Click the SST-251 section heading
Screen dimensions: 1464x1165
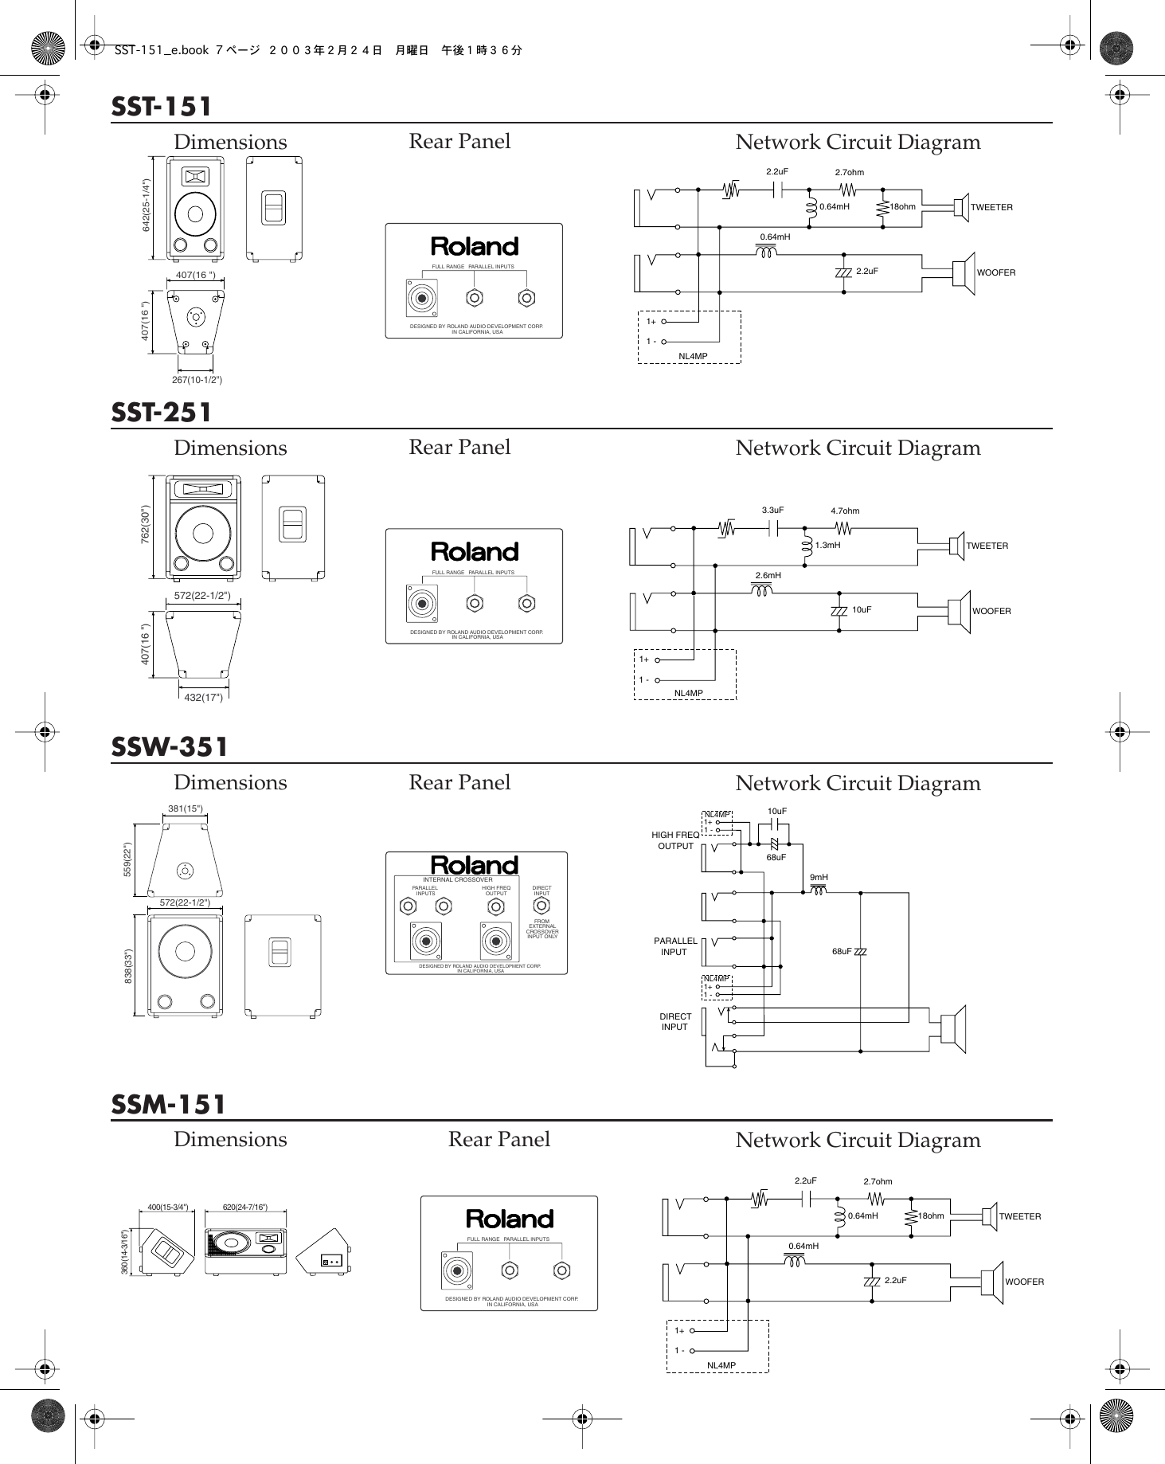162,413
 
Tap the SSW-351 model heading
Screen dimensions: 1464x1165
170,747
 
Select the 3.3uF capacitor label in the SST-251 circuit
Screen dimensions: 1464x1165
772,510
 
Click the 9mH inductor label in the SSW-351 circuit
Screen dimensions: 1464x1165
819,877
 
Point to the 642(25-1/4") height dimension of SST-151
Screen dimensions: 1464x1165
147,206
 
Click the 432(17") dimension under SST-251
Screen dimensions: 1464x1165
198,698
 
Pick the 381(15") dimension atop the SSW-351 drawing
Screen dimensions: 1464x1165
186,808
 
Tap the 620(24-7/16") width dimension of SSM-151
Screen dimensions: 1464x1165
245,1207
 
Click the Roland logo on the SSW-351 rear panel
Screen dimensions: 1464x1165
475,865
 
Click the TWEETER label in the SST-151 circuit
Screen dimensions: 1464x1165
991,207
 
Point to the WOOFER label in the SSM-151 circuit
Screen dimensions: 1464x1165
1024,1282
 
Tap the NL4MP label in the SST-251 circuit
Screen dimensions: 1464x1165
689,693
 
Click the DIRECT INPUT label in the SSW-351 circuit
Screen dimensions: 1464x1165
674,1021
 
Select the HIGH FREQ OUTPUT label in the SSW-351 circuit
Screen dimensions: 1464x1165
675,840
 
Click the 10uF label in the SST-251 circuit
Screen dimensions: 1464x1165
862,609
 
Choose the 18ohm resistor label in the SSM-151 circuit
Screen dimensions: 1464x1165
931,1216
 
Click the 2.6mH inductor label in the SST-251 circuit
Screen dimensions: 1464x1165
768,575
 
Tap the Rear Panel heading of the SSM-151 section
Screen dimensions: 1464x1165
498,1139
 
